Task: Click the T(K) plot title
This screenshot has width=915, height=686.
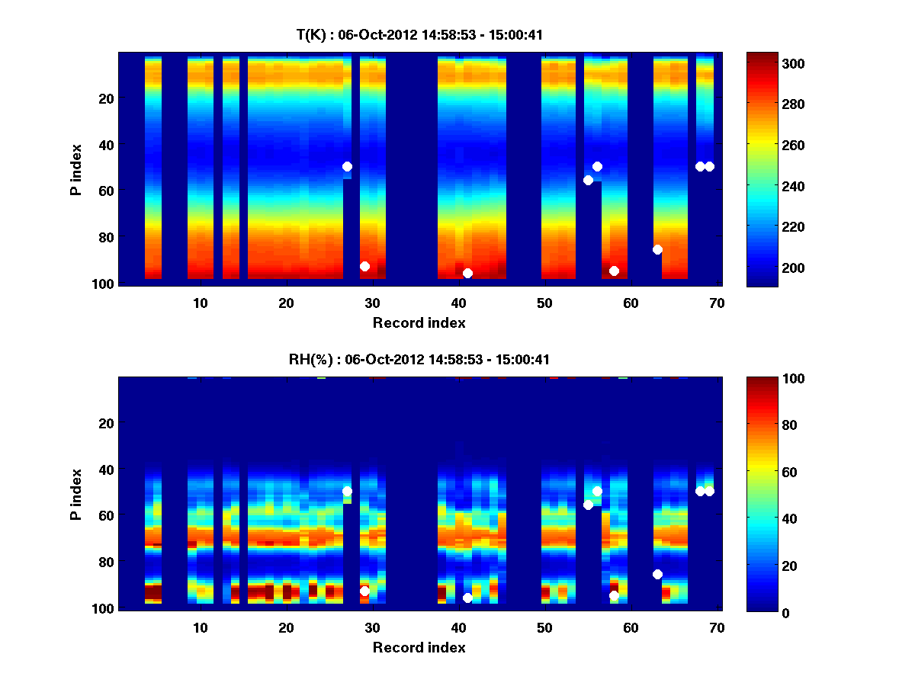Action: click(419, 34)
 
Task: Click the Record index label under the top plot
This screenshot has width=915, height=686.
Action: click(419, 322)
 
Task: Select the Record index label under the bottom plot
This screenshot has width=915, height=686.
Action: click(419, 647)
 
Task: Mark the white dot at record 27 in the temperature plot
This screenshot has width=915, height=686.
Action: click(347, 166)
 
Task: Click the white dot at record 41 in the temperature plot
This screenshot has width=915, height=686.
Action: click(467, 273)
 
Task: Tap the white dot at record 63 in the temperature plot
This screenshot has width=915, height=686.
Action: click(657, 249)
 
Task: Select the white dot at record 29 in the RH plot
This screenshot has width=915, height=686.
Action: click(364, 591)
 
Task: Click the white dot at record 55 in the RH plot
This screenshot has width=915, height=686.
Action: click(588, 505)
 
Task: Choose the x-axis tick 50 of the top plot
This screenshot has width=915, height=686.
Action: click(545, 303)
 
